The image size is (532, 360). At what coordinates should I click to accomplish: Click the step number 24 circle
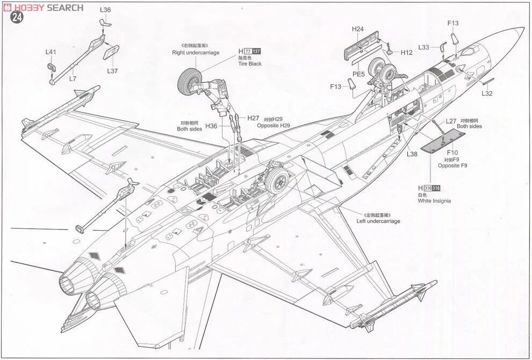[x=17, y=17]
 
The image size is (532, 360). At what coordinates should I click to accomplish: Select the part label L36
[x=105, y=10]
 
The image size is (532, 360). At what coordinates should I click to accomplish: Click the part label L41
[x=51, y=52]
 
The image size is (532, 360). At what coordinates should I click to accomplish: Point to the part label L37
[x=112, y=71]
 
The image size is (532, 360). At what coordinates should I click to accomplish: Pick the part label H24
[x=358, y=29]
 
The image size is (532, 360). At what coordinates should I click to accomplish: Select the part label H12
[x=406, y=52]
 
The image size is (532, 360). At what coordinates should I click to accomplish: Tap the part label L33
[x=425, y=47]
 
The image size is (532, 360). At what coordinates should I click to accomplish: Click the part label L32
[x=487, y=93]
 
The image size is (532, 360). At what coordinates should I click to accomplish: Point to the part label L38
[x=412, y=154]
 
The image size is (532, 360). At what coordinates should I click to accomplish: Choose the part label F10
[x=452, y=153]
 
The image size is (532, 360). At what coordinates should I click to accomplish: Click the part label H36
[x=211, y=126]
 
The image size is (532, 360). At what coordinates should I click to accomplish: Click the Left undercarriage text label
[x=378, y=221]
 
